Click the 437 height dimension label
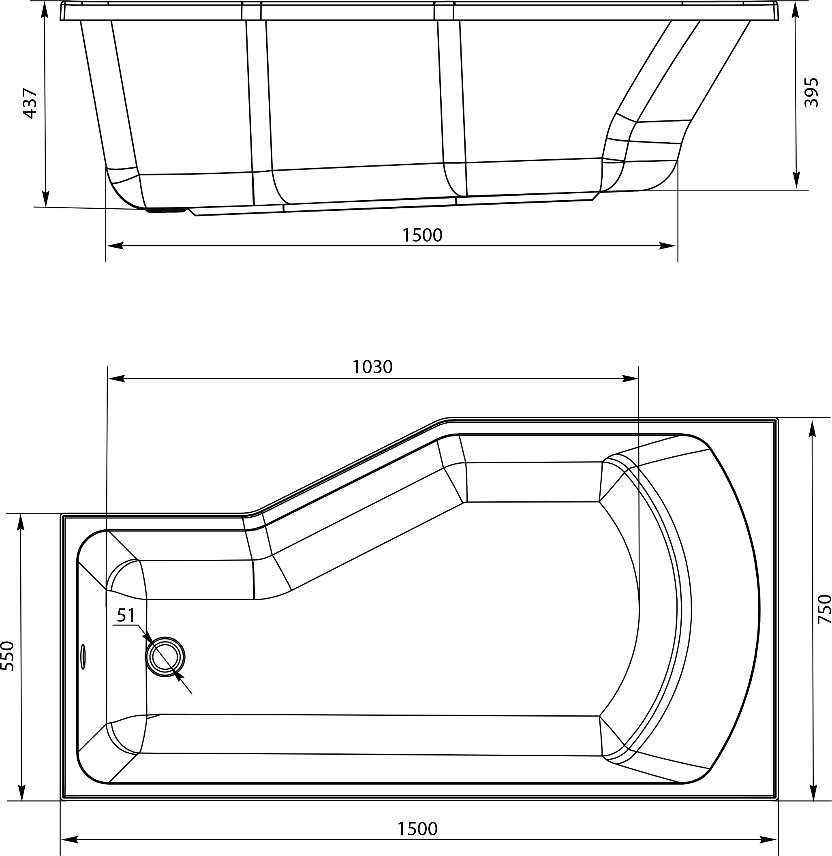30,104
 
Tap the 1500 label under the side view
422,235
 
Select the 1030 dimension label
372,367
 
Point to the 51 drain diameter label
126,616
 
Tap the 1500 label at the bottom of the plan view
417,829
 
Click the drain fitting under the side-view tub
166,211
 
